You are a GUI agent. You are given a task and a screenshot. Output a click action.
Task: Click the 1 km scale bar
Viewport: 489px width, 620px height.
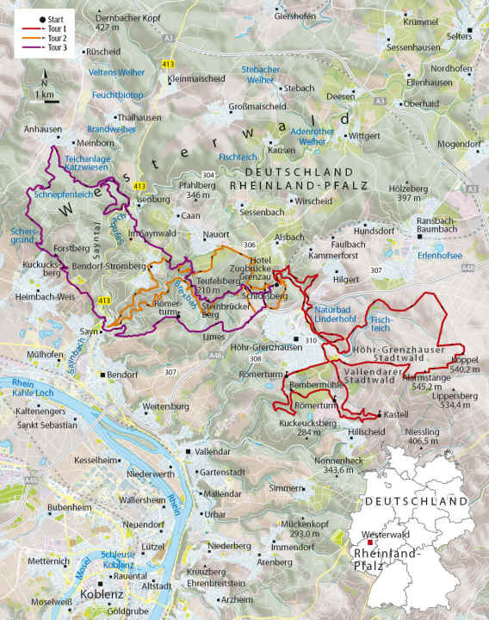47,101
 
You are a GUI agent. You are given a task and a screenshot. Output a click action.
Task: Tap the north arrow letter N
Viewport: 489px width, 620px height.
44,80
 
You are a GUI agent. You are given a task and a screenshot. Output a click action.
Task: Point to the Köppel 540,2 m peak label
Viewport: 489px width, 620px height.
464,361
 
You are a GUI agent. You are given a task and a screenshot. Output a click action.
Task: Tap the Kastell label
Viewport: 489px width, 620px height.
395,413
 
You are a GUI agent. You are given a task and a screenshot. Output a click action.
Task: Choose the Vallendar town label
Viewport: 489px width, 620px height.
213,451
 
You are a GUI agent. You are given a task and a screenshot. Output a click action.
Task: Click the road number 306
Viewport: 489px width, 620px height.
250,245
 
